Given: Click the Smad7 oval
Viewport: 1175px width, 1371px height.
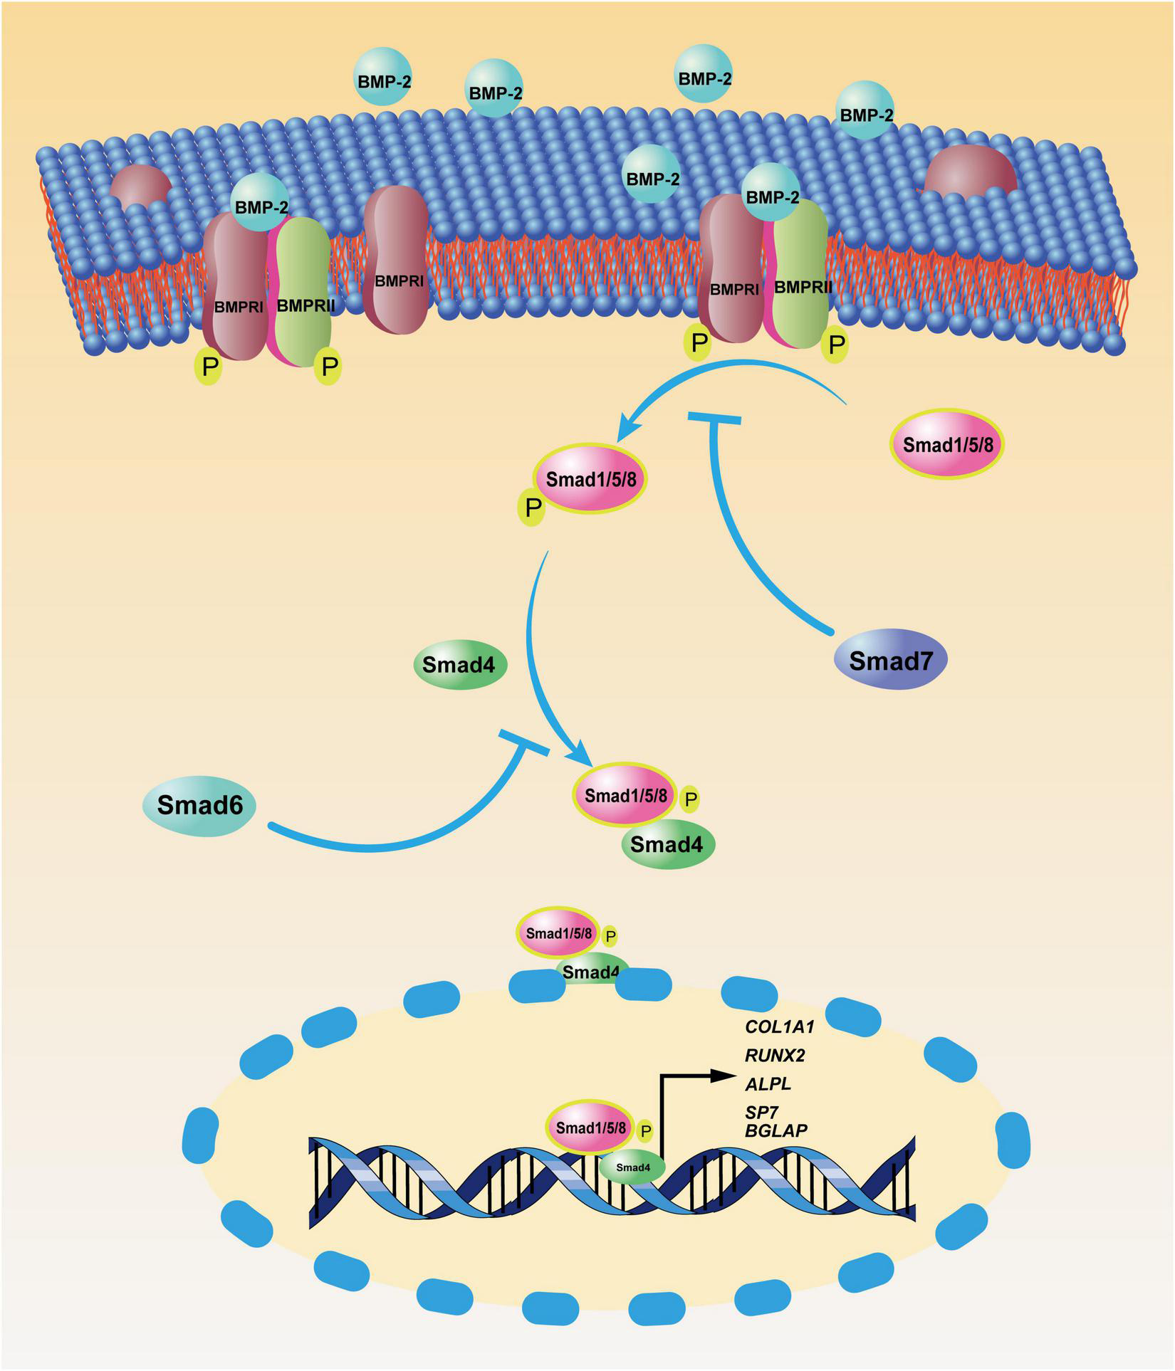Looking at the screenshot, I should click(890, 661).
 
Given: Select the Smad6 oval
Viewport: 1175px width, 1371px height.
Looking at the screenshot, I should click(199, 805).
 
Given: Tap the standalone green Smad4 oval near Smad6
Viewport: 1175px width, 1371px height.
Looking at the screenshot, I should click(459, 665).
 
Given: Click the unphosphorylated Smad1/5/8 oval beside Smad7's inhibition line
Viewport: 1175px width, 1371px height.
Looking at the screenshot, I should click(946, 445).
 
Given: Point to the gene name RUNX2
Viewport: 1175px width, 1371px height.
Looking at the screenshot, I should click(775, 1055).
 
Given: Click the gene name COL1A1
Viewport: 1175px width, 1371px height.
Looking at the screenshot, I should click(779, 1026).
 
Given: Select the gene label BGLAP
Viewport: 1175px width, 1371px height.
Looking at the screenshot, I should click(776, 1130).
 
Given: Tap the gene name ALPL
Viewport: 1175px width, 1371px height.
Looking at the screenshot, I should click(768, 1084).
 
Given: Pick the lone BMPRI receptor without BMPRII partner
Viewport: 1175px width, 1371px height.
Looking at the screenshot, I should click(397, 260).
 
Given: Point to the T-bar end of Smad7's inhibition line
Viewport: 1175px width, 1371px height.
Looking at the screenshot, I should click(714, 417).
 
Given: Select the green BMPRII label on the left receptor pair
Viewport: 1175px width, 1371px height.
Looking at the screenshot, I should click(305, 306).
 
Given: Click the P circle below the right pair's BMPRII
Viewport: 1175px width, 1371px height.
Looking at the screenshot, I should click(836, 345).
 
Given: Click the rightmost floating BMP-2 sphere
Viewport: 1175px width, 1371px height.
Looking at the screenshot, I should click(865, 112).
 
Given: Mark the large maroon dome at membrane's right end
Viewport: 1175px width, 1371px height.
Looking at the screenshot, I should click(970, 171).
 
